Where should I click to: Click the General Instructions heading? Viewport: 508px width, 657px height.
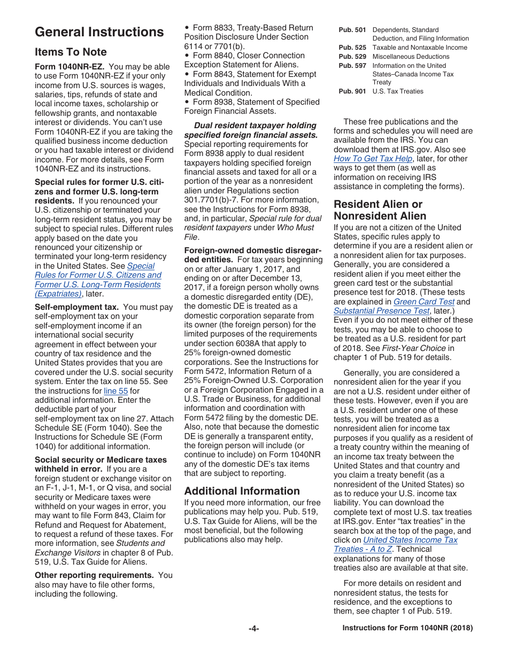tap(99, 32)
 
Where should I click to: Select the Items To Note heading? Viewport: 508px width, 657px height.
tap(71, 52)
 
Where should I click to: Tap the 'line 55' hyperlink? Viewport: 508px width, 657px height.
tap(116, 391)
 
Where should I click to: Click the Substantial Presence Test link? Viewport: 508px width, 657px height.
tap(381, 311)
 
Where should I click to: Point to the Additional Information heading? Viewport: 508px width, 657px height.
tap(242, 491)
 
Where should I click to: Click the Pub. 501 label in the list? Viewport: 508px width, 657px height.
tap(352, 30)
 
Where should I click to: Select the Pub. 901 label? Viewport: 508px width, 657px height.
tap(352, 91)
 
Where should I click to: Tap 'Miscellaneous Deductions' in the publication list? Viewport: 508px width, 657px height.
tap(411, 57)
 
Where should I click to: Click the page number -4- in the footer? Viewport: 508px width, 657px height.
tap(253, 629)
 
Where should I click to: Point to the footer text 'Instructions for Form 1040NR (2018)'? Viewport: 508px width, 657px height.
tap(407, 629)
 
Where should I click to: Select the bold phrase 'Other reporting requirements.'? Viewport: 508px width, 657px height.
tap(94, 575)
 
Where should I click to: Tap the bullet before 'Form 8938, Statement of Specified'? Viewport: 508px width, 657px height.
tap(187, 102)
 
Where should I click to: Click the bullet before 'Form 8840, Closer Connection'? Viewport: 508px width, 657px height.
tap(187, 56)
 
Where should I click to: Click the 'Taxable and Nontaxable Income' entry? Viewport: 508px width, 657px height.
tap(419, 48)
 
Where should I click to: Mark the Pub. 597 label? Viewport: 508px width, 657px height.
tap(352, 66)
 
